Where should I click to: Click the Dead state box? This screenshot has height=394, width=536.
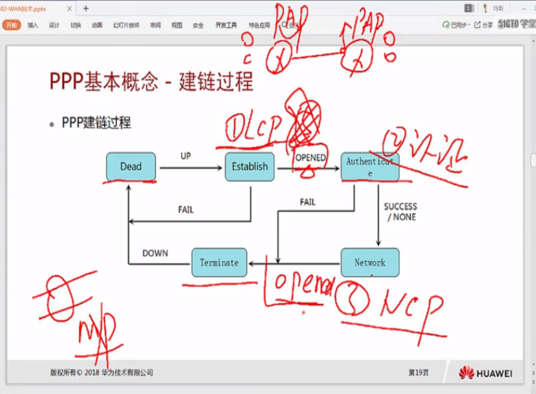(x=131, y=166)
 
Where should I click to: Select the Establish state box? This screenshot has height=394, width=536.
(x=250, y=166)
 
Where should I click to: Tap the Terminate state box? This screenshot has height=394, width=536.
(x=219, y=263)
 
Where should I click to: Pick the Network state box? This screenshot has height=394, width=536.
(x=370, y=263)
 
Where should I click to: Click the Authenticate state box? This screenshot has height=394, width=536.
(x=369, y=167)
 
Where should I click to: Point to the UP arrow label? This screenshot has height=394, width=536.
(x=185, y=156)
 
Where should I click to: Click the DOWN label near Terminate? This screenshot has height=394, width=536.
(x=155, y=253)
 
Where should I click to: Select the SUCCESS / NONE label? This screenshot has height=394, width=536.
(x=400, y=211)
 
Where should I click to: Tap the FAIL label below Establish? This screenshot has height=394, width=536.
(x=185, y=210)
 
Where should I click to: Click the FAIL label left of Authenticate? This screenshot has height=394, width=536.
(x=307, y=202)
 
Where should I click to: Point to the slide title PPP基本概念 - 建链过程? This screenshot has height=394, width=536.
(x=152, y=81)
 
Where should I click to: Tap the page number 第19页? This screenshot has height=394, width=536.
(x=418, y=373)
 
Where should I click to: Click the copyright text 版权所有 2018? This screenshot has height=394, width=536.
(x=102, y=372)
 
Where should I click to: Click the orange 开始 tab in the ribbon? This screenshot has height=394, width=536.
(x=12, y=25)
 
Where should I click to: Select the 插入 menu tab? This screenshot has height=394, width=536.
(x=33, y=25)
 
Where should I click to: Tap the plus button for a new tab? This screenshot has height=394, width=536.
(x=86, y=9)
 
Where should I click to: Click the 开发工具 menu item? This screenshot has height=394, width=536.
(x=226, y=25)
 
